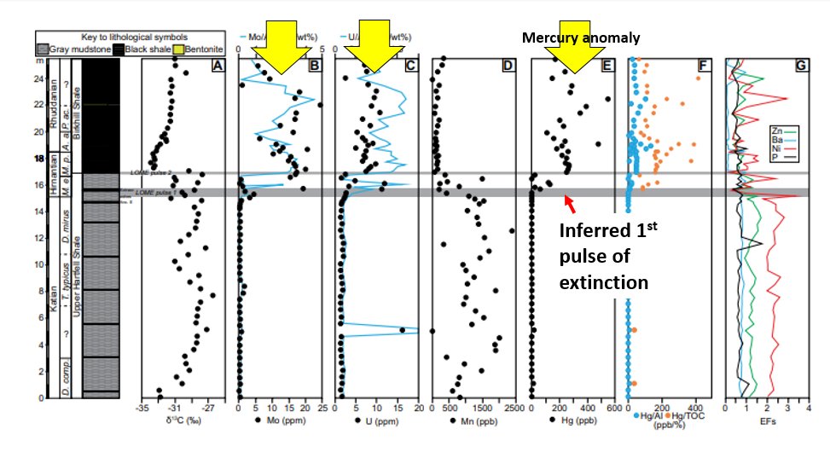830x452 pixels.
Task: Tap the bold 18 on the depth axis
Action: click(38, 159)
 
